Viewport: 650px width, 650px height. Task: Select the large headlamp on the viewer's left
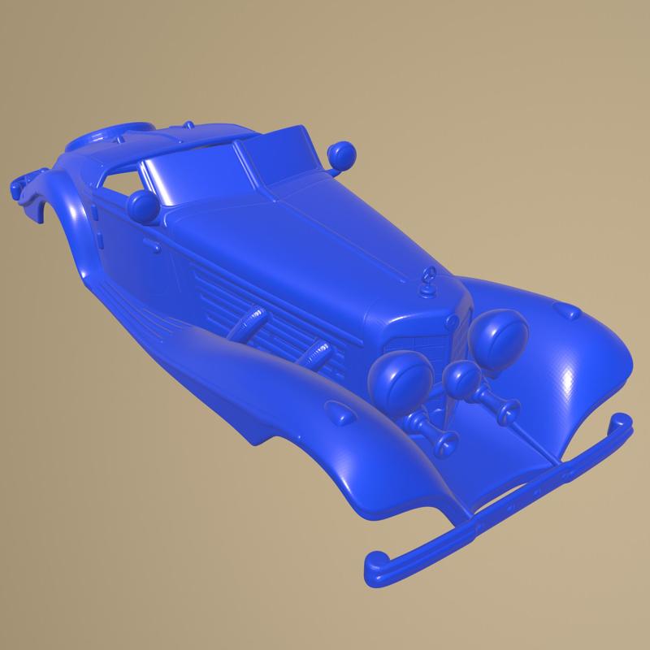[x=401, y=379]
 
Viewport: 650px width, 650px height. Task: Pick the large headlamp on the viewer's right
[x=500, y=333]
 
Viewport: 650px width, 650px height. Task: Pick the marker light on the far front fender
[x=566, y=310]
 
